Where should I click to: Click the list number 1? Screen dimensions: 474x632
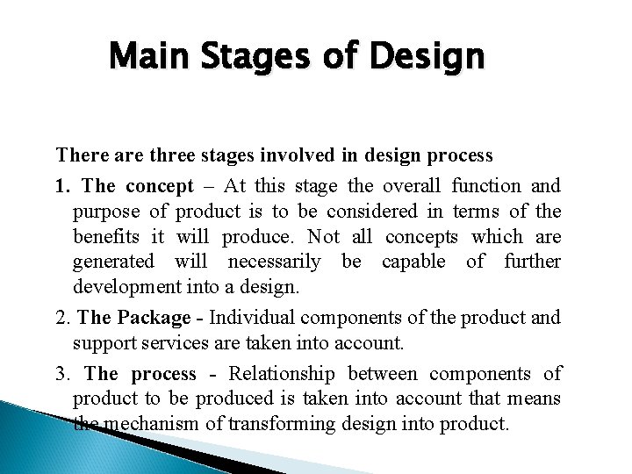62,185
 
